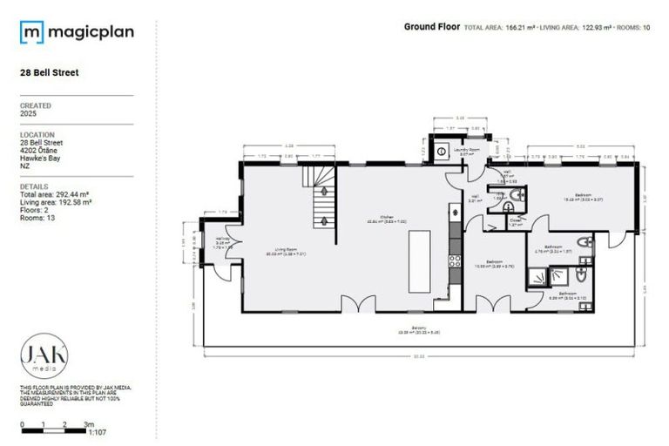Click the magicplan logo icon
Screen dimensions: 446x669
[31, 33]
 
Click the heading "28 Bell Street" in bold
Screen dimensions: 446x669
[49, 73]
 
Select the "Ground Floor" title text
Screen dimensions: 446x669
[431, 27]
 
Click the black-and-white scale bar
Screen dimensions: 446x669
[53, 430]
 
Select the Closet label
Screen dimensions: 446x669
[516, 221]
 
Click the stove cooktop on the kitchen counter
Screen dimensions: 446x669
[453, 260]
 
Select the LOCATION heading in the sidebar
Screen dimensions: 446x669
[36, 134]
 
